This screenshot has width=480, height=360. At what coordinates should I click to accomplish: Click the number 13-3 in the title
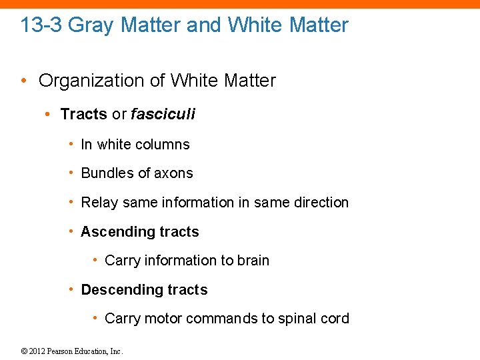(41, 25)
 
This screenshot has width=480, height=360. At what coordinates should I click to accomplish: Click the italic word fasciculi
(163, 114)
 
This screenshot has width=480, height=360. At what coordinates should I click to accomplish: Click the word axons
(173, 173)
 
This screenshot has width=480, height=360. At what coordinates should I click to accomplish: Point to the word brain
(253, 261)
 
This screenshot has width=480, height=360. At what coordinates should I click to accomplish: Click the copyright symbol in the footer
(24, 351)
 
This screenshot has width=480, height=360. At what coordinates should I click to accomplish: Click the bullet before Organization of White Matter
(23, 81)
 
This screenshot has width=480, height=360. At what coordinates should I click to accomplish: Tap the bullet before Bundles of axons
(71, 173)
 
